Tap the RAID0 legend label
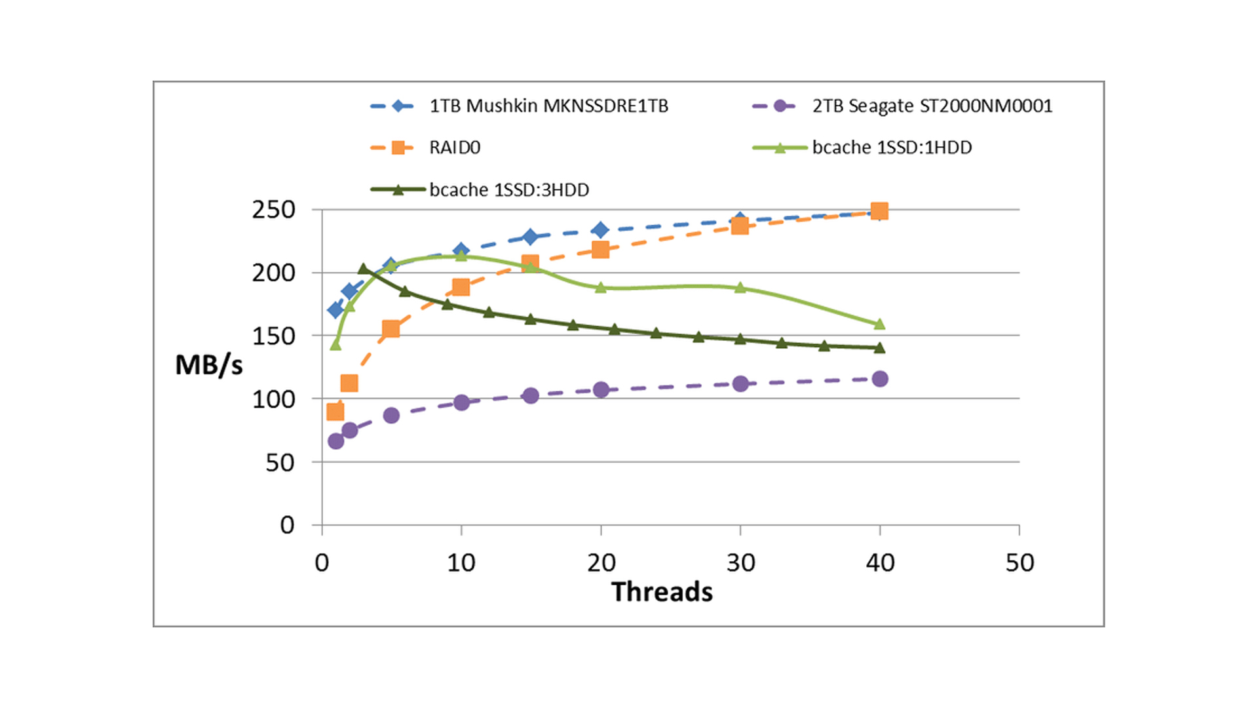click(455, 147)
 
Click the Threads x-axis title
click(662, 592)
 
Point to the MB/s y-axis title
click(209, 365)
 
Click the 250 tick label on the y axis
click(274, 210)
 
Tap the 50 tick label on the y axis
click(280, 463)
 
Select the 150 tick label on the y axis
click(274, 336)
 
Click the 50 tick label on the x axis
click(1020, 563)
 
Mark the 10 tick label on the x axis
click(461, 563)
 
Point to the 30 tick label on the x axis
click(740, 563)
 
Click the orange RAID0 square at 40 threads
click(879, 211)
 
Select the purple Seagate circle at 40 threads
click(880, 379)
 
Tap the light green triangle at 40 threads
click(879, 324)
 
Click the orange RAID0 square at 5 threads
click(391, 329)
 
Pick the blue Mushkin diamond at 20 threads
click(601, 230)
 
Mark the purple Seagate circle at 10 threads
click(461, 403)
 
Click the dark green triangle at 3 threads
click(364, 269)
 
